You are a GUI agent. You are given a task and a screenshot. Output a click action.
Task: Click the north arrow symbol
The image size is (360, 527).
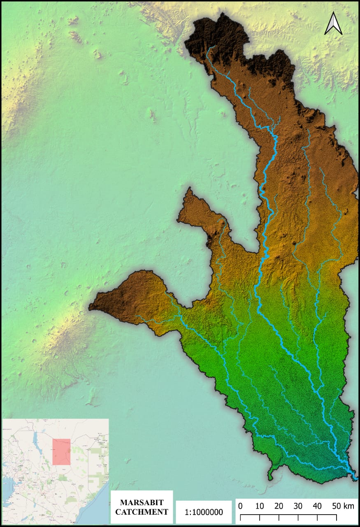coord(333,23)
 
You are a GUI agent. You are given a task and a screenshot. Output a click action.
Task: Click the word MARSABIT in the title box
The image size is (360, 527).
coord(142,503)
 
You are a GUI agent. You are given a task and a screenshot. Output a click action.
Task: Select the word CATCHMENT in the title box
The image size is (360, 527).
coord(142,512)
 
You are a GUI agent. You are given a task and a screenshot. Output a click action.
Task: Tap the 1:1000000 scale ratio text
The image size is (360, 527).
coord(204,512)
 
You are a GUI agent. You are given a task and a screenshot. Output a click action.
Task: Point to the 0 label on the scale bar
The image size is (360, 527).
coord(240,506)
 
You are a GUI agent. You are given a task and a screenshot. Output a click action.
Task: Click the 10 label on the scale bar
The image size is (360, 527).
coord(259,506)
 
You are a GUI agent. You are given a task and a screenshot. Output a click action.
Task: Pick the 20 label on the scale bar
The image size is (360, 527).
coord(279,506)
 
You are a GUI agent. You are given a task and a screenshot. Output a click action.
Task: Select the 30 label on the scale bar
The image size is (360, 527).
coord(298,506)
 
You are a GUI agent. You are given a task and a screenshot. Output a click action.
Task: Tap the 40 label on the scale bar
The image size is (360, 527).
coord(317,506)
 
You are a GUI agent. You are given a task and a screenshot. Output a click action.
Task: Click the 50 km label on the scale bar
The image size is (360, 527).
coord(343,506)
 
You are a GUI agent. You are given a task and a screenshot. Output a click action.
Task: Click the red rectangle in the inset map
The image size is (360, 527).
coord(61,452)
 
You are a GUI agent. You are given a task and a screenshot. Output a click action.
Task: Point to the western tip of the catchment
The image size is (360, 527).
coord(91,307)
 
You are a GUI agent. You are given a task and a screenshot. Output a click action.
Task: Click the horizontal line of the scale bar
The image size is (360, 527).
coord(288,515)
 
